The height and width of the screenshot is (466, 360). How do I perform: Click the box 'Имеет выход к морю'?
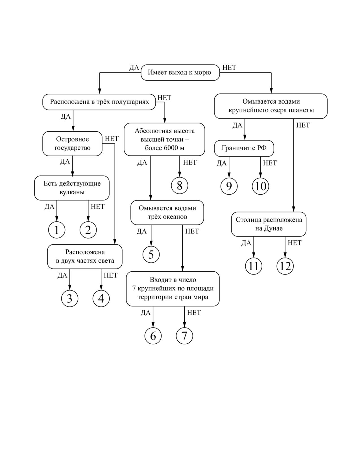click(180, 73)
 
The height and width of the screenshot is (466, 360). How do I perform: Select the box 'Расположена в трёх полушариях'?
click(99, 102)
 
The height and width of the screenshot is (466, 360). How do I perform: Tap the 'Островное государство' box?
click(72, 143)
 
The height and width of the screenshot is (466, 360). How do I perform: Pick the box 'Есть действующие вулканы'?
click(72, 188)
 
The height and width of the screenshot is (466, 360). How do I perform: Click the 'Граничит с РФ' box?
click(244, 148)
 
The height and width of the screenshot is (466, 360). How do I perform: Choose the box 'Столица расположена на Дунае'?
click(269, 224)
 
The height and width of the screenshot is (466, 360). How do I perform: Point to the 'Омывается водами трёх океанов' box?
click(167, 212)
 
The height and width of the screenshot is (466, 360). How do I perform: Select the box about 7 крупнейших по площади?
click(173, 289)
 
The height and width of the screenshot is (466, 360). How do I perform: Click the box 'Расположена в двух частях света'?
click(85, 256)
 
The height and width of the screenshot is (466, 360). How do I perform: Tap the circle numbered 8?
click(180, 186)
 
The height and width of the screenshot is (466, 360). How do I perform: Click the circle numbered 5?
click(151, 254)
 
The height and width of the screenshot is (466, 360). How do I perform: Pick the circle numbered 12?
click(285, 266)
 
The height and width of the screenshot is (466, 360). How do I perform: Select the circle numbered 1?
click(56, 230)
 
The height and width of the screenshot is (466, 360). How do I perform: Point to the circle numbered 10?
click(261, 186)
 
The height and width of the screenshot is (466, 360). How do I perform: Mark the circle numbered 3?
click(69, 299)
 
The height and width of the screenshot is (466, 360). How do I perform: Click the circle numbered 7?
click(184, 336)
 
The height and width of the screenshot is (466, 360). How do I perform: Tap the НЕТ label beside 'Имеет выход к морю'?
click(229, 67)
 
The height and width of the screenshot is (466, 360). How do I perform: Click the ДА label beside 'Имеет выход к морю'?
click(134, 68)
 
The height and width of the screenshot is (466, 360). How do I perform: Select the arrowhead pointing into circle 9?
click(229, 176)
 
